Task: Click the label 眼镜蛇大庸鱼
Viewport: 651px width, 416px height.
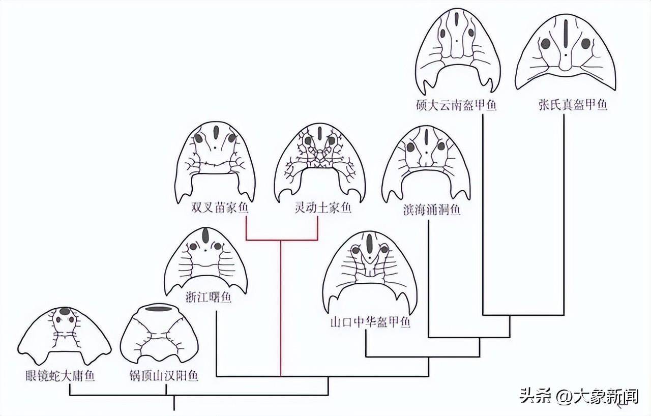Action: tap(60, 376)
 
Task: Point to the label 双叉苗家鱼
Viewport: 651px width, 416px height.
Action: tap(215, 209)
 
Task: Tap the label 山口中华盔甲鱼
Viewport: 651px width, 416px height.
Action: tap(370, 322)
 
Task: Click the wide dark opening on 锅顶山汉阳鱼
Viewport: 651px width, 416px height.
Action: tap(159, 309)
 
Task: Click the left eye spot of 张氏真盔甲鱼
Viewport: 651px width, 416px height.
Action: tap(545, 44)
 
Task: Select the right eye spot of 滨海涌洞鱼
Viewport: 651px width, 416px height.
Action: tap(441, 146)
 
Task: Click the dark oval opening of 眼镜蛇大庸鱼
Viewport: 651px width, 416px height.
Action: tap(65, 311)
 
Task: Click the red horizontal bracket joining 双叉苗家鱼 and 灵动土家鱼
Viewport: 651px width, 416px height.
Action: tap(282, 239)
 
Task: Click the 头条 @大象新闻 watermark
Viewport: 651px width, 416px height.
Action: tap(579, 396)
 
